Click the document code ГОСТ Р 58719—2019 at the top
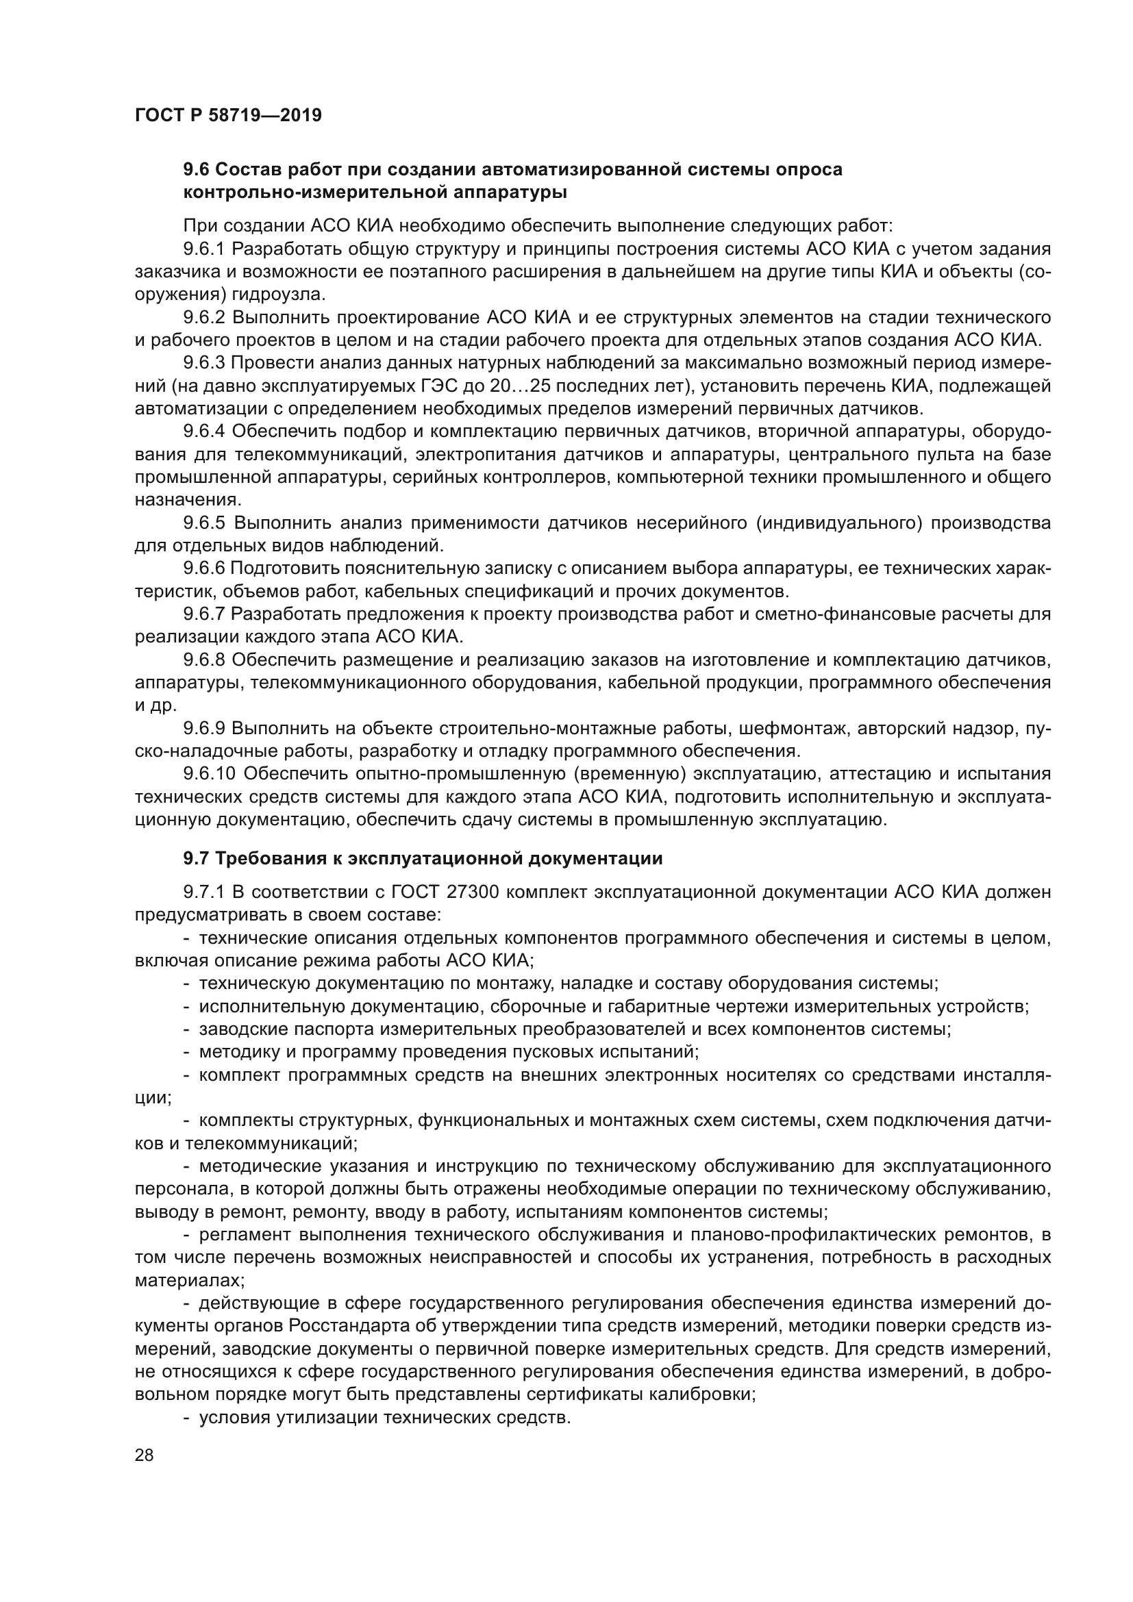click(228, 116)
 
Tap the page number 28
click(145, 1455)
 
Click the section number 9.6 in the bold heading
click(196, 170)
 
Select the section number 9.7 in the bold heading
click(196, 859)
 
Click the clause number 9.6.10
click(210, 774)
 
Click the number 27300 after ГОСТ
click(469, 892)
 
